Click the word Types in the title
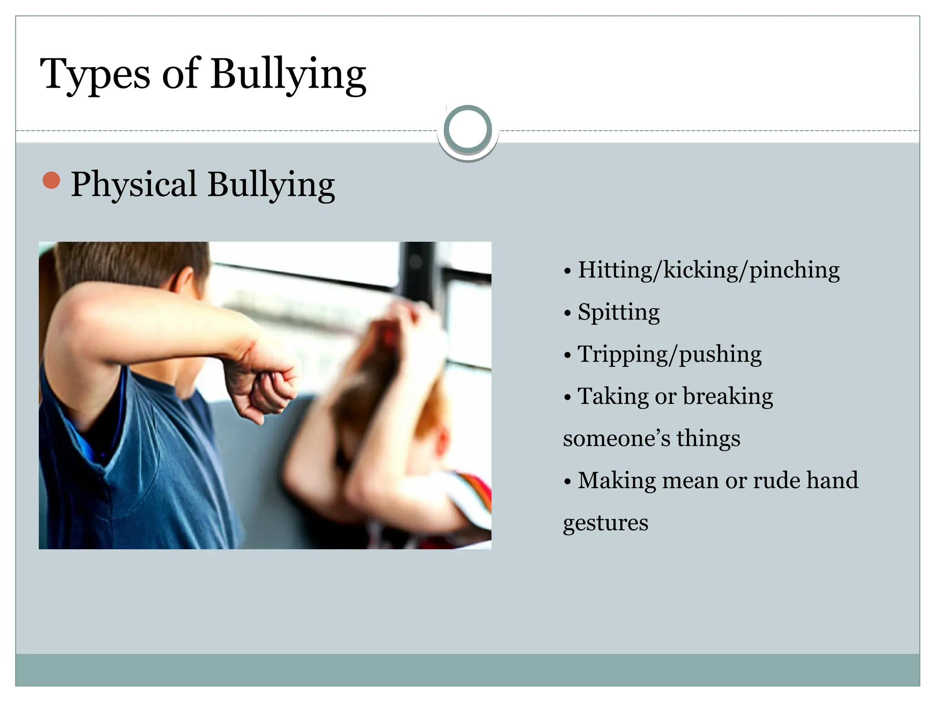(x=95, y=74)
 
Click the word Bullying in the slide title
(x=288, y=74)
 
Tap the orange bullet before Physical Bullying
(x=51, y=181)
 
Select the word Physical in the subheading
(x=133, y=185)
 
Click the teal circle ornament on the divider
(x=468, y=129)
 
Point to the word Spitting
(x=618, y=313)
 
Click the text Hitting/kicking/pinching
(x=708, y=270)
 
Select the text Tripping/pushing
(x=670, y=355)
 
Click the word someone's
(x=617, y=438)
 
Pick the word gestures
(x=606, y=523)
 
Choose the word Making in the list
(x=617, y=481)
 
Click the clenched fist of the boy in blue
(x=270, y=388)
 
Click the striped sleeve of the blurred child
(x=473, y=498)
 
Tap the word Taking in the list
(x=613, y=396)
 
